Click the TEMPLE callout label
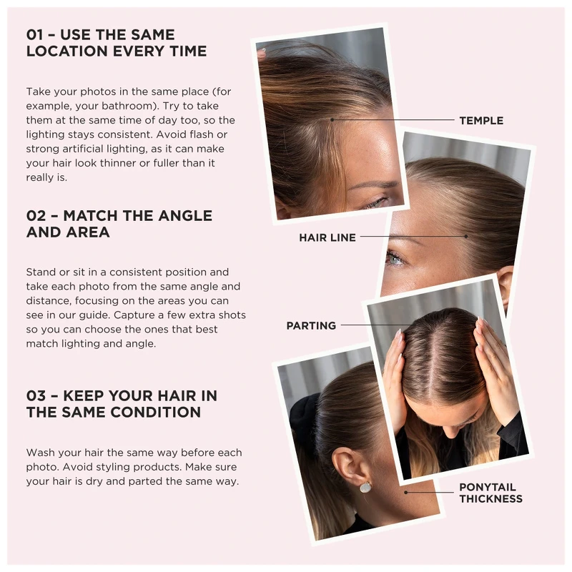pos(481,120)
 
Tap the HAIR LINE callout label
pos(327,237)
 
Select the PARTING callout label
pos(311,325)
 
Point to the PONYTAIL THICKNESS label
pos(490,493)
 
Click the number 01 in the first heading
pos(34,34)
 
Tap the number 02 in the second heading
pos(36,216)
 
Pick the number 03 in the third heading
pos(36,396)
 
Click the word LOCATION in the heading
pos(67,51)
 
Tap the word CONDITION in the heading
pos(156,413)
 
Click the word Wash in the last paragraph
pos(39,453)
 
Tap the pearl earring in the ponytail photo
pos(365,487)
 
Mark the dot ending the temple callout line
pos(332,119)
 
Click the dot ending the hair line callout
pos(466,237)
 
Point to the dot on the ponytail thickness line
pos(405,493)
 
